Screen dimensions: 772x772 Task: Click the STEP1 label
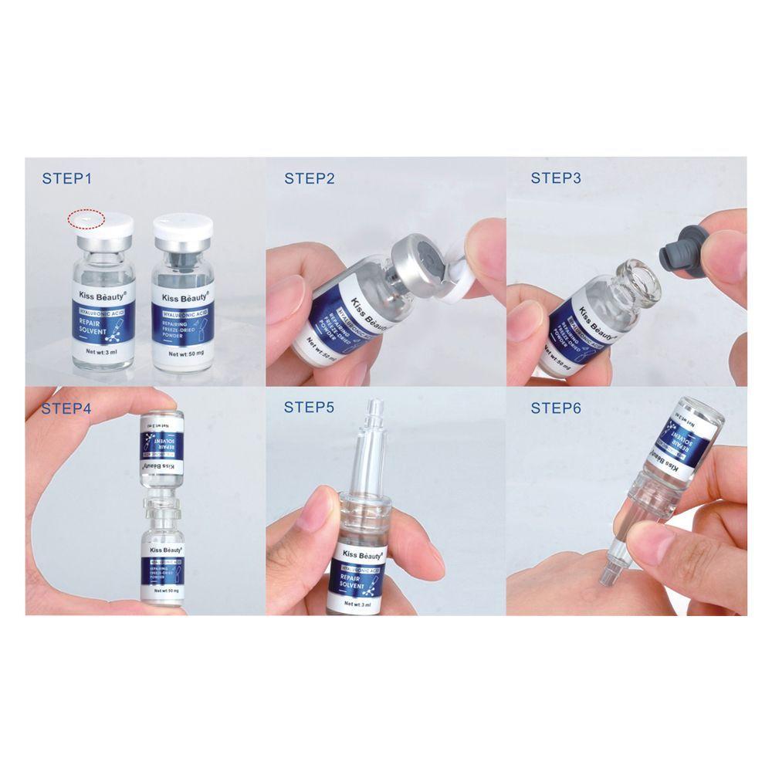point(66,179)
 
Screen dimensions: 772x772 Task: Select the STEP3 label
point(555,178)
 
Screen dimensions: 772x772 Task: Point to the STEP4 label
point(66,408)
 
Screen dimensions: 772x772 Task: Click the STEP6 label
point(555,408)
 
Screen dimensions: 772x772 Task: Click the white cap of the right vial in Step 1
point(182,226)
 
